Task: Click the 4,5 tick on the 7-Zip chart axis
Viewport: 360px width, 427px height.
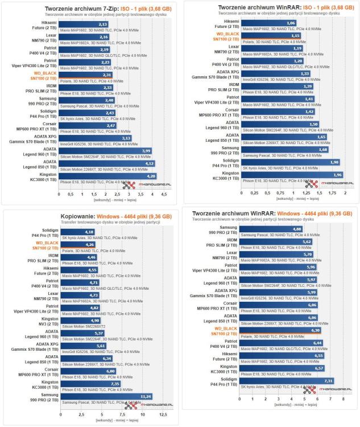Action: coord(164,194)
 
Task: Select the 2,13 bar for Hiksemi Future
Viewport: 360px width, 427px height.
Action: coord(84,24)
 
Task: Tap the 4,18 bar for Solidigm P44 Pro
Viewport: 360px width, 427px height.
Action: coord(77,232)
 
